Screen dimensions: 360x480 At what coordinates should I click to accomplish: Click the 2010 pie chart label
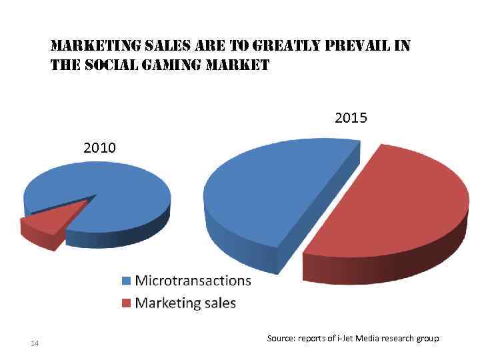(x=99, y=147)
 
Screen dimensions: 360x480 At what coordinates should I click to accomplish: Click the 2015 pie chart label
(x=351, y=118)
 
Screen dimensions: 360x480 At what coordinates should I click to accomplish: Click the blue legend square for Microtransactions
(x=127, y=281)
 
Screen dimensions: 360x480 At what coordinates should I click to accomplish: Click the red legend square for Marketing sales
(x=127, y=303)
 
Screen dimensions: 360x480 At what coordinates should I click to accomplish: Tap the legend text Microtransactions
(x=193, y=280)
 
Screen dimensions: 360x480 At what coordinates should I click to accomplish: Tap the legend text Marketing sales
(x=185, y=303)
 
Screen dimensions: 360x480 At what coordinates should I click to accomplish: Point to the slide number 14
(x=35, y=343)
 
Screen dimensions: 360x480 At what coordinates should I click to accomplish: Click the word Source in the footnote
(x=279, y=339)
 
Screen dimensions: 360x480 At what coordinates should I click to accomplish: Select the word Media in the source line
(x=369, y=339)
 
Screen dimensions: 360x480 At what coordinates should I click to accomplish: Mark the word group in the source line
(x=427, y=339)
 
